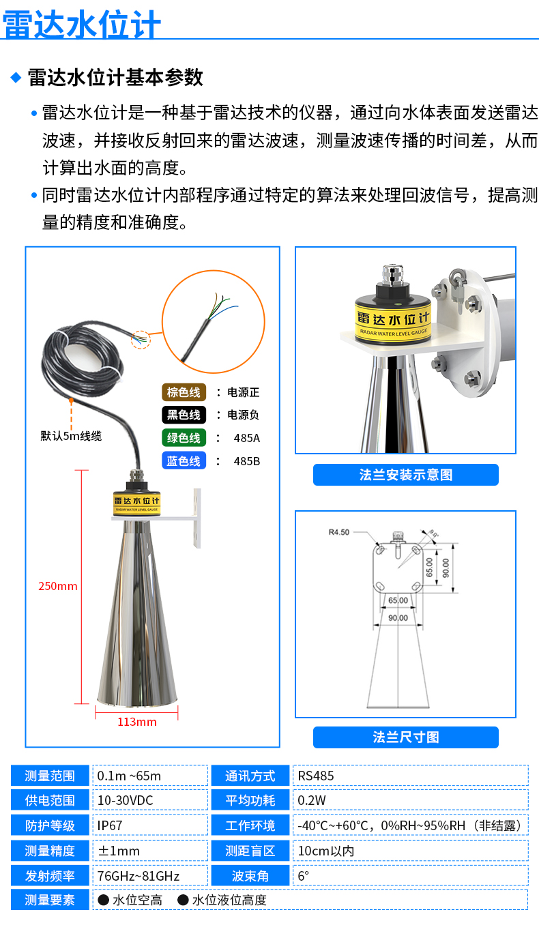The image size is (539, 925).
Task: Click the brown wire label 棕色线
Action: (x=184, y=392)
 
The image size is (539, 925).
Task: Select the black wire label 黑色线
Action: (x=184, y=415)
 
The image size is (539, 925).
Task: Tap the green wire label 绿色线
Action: (x=184, y=438)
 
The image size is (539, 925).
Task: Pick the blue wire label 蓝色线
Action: (x=184, y=461)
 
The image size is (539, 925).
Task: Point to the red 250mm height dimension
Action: (x=58, y=586)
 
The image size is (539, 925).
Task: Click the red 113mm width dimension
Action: (x=136, y=722)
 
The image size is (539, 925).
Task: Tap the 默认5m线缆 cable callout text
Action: (x=71, y=436)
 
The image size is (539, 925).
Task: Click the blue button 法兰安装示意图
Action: (x=405, y=475)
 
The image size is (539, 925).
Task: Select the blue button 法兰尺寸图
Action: (x=405, y=737)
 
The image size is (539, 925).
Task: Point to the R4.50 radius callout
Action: (x=338, y=532)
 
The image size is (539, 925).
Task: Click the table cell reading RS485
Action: (x=411, y=776)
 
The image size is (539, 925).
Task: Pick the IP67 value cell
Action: (x=150, y=825)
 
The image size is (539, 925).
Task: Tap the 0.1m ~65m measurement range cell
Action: (x=150, y=776)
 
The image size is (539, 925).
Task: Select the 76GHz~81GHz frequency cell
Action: (x=150, y=875)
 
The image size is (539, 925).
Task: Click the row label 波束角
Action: (x=250, y=875)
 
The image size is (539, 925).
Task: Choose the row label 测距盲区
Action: (x=250, y=851)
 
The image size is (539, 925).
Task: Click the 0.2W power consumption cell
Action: (x=411, y=800)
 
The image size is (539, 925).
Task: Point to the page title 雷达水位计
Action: (x=81, y=24)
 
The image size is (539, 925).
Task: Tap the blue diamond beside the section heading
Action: (x=16, y=77)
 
